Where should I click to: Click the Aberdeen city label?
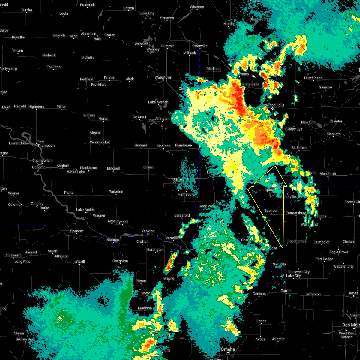click(x=88, y=34)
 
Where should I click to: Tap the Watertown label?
click(x=163, y=78)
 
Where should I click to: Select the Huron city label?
click(x=103, y=119)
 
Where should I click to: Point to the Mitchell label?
click(x=113, y=169)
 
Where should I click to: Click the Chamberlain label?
click(x=42, y=161)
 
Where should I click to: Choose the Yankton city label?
click(x=148, y=231)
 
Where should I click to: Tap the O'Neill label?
click(x=80, y=262)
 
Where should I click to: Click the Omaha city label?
click(x=228, y=349)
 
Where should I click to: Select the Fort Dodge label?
click(x=324, y=259)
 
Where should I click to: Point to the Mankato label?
click(x=334, y=134)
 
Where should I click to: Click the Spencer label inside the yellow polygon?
click(x=271, y=211)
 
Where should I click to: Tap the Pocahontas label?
click(x=297, y=241)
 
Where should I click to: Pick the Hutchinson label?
click(x=313, y=78)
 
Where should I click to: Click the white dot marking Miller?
click(x=61, y=109)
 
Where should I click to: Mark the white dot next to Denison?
click(x=259, y=297)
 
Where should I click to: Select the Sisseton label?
click(x=167, y=18)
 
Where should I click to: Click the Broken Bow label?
click(x=25, y=340)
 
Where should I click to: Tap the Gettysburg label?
click(x=8, y=69)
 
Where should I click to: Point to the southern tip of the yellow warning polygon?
click(x=283, y=248)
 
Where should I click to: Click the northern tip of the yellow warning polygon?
click(x=275, y=166)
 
